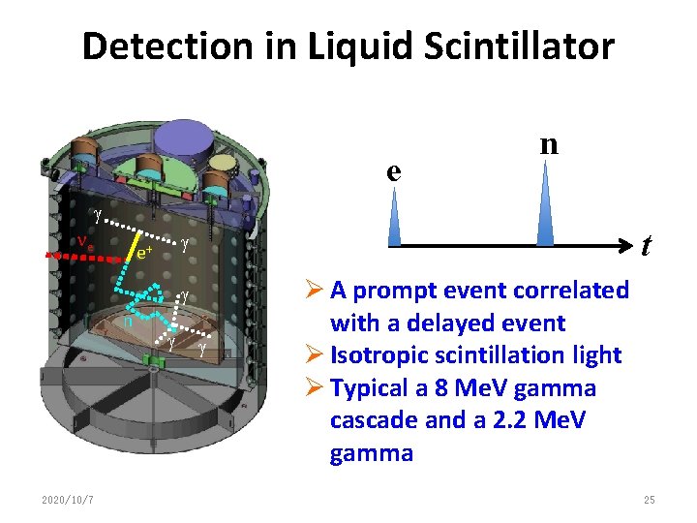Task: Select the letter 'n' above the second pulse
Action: (x=549, y=143)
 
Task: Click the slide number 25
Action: (x=649, y=500)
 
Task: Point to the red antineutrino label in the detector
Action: (x=86, y=242)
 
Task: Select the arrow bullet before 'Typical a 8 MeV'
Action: (x=313, y=388)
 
